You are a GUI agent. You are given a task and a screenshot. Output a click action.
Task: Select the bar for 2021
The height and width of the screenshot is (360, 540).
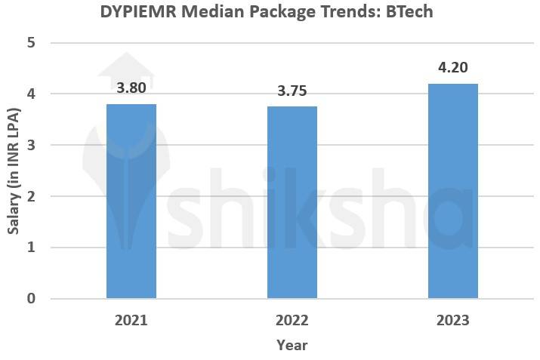[x=131, y=202]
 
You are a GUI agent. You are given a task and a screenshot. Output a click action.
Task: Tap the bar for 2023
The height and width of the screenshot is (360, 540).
[x=453, y=191]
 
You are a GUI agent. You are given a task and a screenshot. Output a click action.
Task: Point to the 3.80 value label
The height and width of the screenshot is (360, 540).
[x=131, y=88]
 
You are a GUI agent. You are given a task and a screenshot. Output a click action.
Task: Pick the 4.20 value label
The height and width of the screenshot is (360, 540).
[x=453, y=68]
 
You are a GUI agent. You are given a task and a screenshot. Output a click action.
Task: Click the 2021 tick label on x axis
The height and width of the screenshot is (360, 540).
[x=131, y=320]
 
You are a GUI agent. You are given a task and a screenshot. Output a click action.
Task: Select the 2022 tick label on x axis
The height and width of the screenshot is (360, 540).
[x=292, y=320]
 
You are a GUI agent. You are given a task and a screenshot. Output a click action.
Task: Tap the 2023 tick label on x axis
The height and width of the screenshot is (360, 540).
[x=453, y=320]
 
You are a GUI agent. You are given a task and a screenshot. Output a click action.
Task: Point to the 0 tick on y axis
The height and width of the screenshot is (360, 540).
[x=31, y=299]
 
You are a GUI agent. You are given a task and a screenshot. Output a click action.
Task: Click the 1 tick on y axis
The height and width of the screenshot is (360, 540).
[x=31, y=248]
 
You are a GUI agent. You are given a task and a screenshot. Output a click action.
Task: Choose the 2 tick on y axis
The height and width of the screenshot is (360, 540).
[x=31, y=196]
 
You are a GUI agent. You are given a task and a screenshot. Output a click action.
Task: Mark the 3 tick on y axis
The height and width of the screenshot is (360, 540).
[x=31, y=145]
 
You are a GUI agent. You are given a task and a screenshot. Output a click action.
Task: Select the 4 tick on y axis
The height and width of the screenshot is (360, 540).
[x=31, y=94]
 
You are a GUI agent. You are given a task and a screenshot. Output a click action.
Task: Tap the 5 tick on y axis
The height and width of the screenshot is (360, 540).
[x=31, y=43]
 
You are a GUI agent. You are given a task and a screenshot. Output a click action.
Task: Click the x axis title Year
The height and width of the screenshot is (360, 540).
[x=292, y=345]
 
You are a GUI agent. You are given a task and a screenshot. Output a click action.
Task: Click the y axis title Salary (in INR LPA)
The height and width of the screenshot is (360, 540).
[x=13, y=171]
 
